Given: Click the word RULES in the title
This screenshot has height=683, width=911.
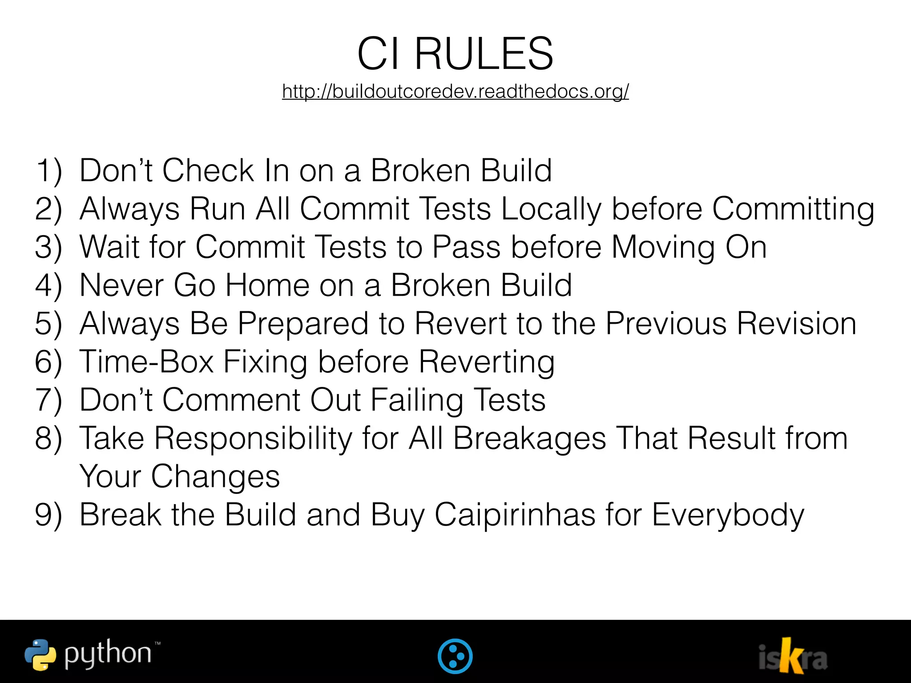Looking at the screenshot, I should (484, 54).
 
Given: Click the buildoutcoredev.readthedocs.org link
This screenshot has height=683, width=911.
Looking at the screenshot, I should (455, 92).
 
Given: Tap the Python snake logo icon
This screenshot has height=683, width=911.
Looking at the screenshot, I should (40, 655).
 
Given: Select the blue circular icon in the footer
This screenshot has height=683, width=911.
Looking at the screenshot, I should (455, 656).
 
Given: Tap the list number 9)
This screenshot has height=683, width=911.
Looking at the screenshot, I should (48, 515).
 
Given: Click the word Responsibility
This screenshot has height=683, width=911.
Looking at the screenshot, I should (253, 438).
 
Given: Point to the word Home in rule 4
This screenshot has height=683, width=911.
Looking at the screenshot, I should (267, 285).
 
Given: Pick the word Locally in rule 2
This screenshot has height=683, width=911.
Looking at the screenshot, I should (551, 209).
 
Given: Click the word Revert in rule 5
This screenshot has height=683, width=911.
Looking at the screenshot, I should (460, 323).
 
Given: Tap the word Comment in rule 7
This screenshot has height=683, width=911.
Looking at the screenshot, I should (231, 400).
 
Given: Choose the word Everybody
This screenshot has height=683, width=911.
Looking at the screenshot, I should (728, 515).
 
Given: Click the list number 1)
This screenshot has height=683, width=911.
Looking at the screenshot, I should (48, 170).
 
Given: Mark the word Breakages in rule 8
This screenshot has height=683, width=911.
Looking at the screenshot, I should (529, 438).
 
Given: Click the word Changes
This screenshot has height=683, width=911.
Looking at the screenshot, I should (215, 477).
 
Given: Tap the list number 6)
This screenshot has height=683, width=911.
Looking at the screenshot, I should (48, 362).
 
